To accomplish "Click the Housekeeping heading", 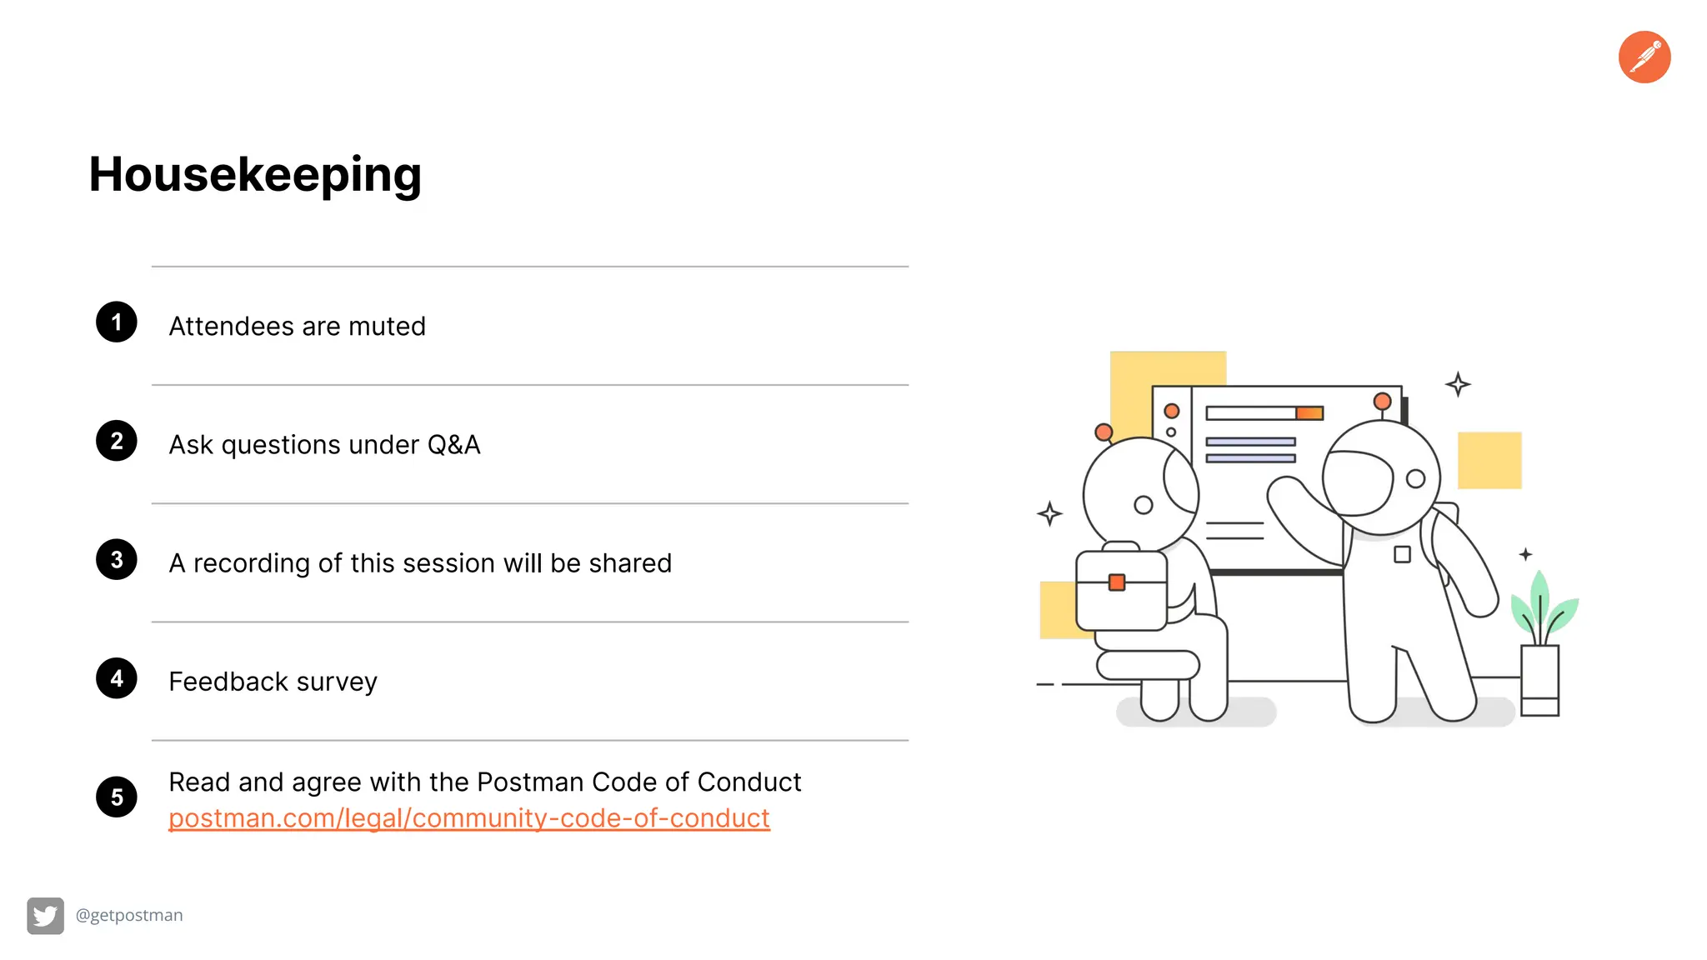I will coord(255,175).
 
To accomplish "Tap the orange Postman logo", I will coord(1644,57).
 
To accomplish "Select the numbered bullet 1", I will coord(117,322).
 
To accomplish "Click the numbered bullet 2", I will coord(117,441).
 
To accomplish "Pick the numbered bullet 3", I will coord(117,560).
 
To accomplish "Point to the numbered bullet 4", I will coord(117,678).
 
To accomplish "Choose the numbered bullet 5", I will coord(117,797).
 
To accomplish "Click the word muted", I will coord(387,326).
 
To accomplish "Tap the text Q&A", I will coord(453,445).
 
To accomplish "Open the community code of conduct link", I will coord(468,818).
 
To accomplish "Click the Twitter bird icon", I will coord(45,916).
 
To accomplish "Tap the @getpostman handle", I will coord(129,915).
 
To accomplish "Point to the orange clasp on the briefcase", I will coord(1117,582).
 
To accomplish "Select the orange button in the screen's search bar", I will coord(1309,413).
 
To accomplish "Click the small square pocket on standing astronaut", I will coord(1402,554).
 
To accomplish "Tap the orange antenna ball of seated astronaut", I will coord(1104,432).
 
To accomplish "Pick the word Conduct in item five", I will coord(748,782).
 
